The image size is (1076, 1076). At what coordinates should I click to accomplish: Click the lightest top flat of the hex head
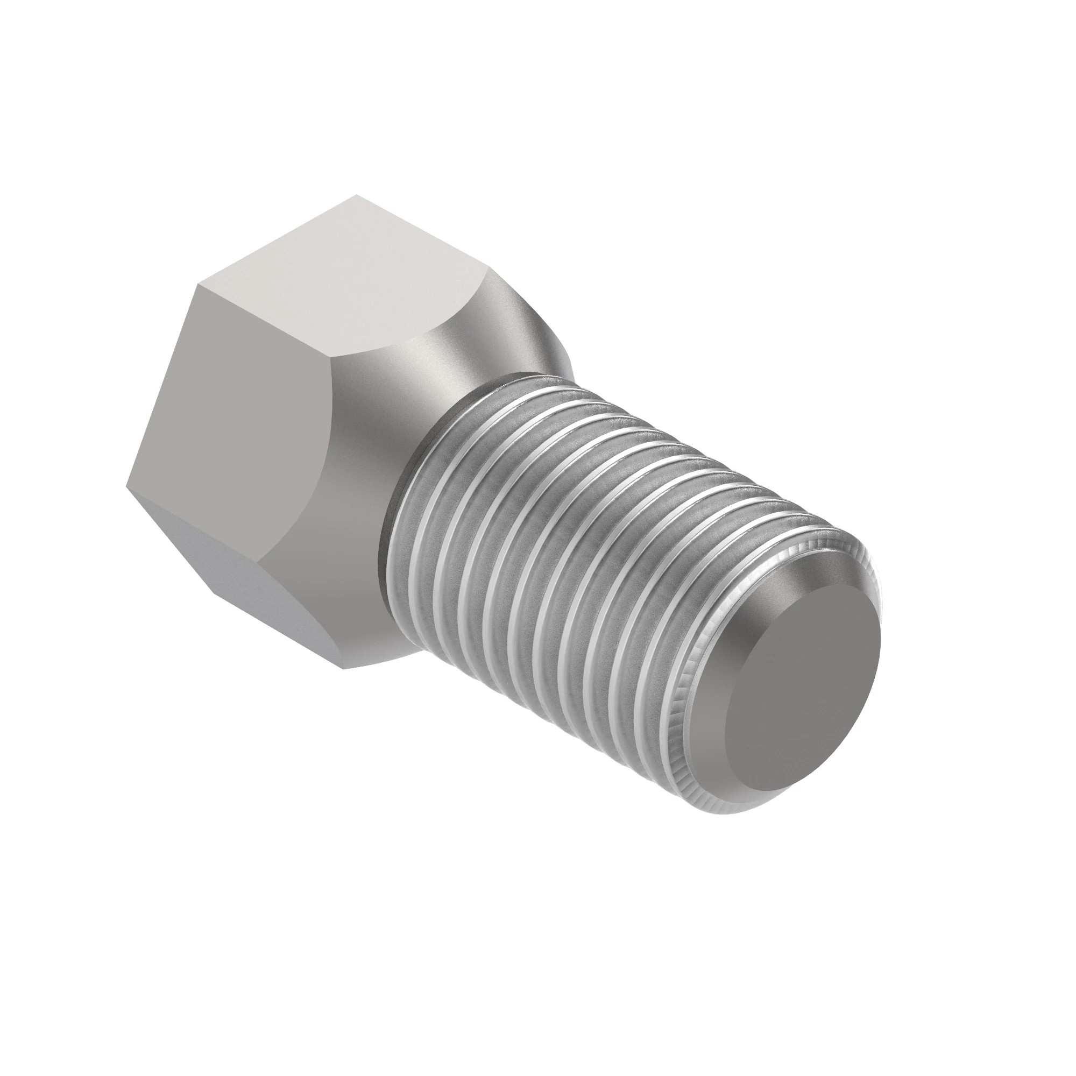[345, 279]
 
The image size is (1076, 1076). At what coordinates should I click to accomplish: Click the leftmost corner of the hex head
[127, 486]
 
